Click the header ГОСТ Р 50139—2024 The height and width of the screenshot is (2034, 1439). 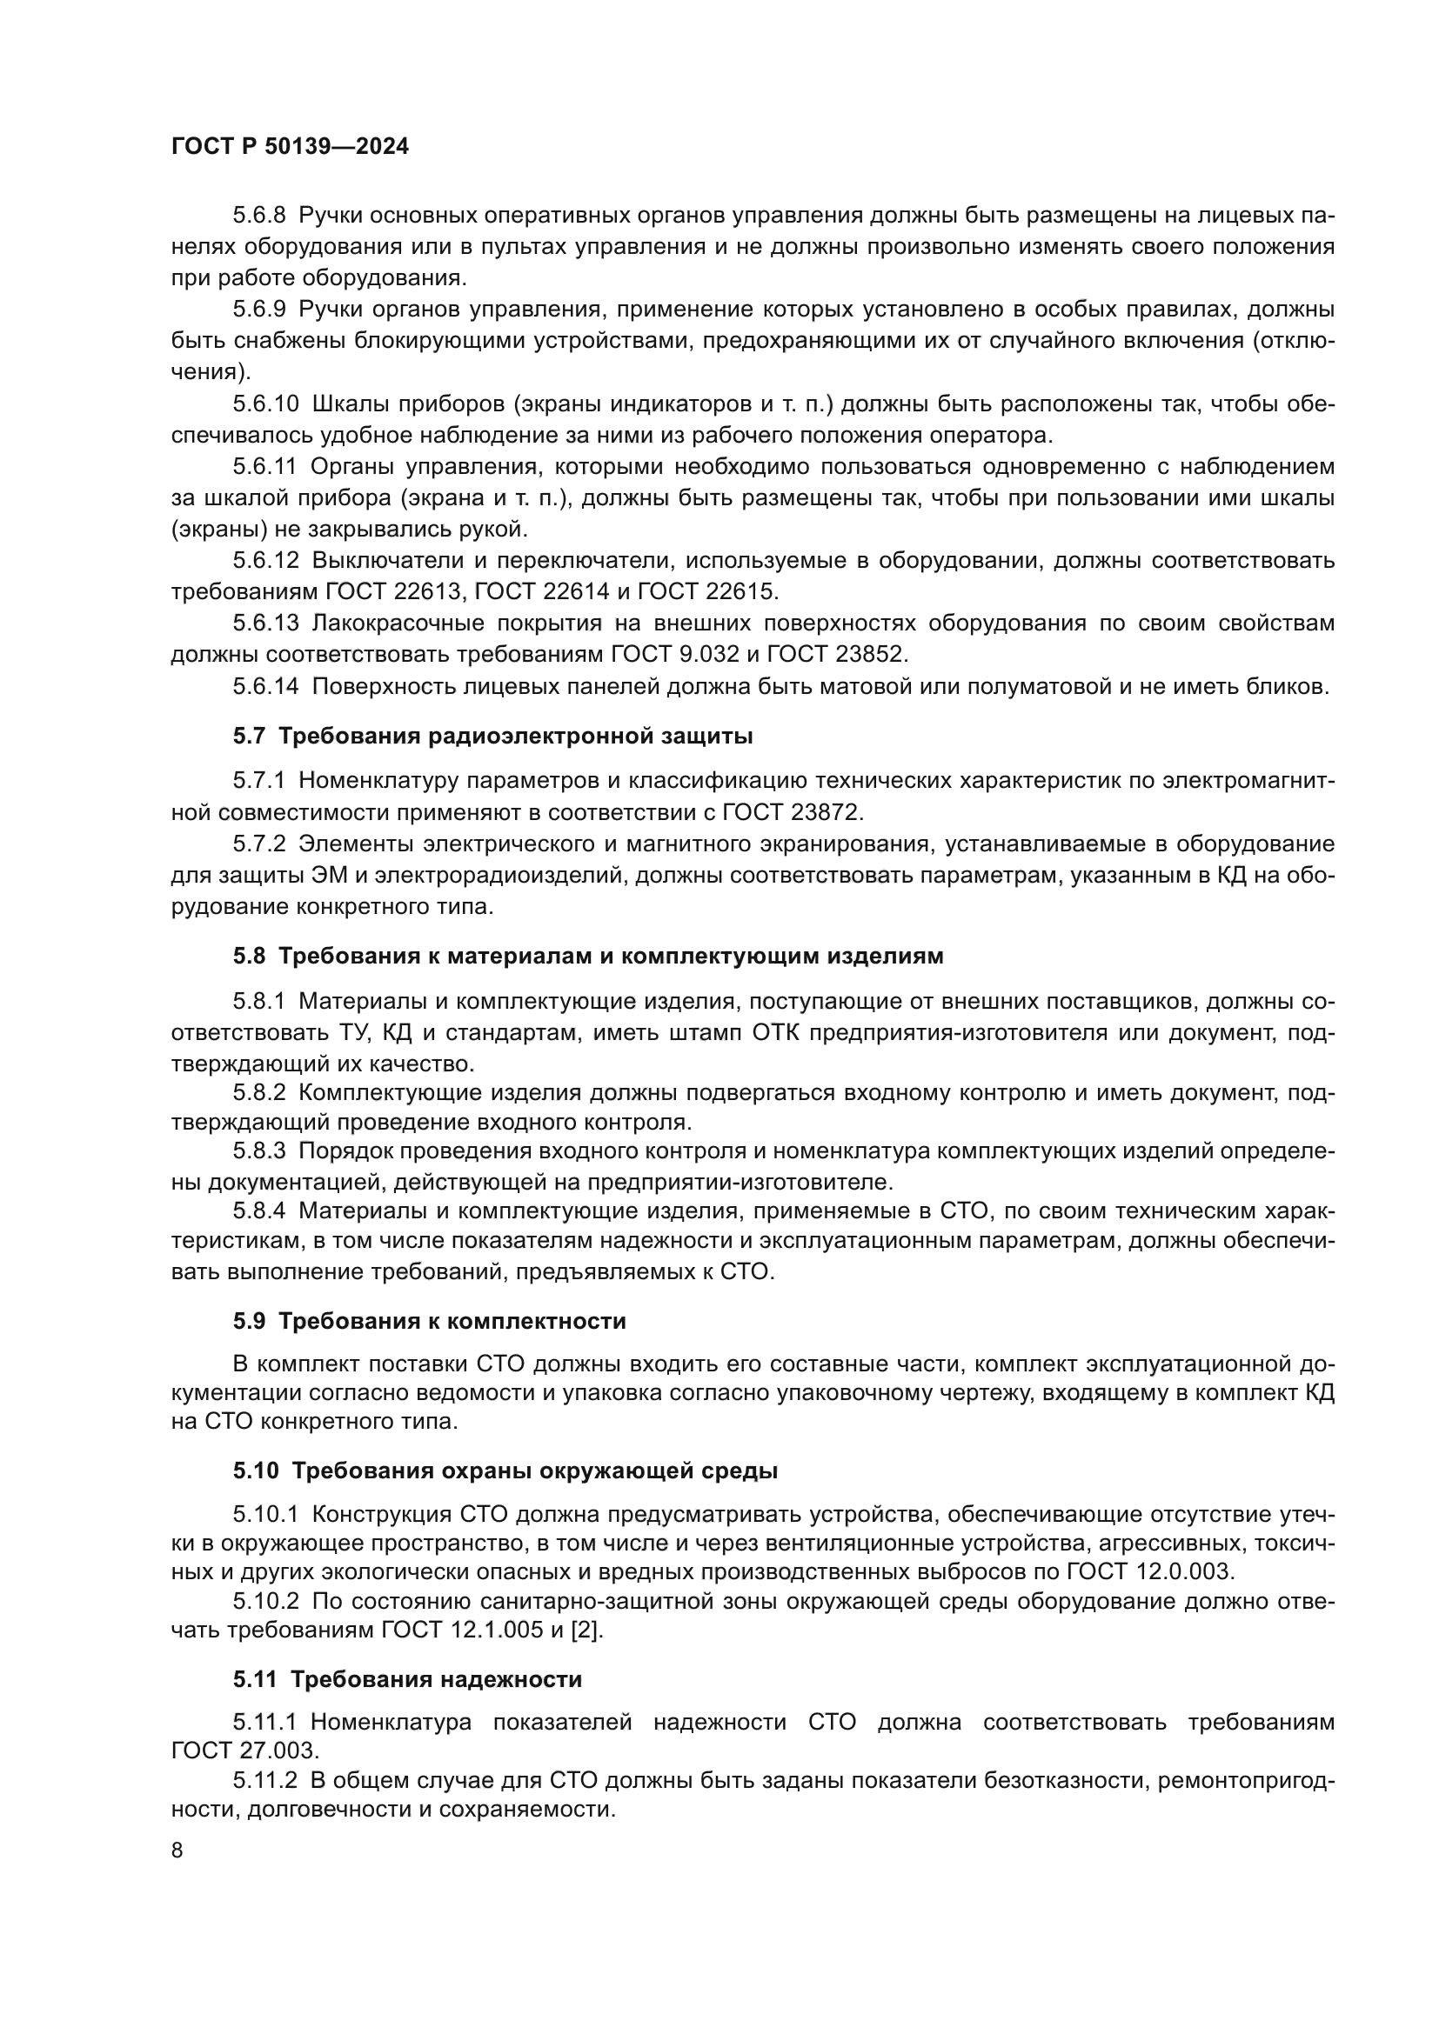coord(290,147)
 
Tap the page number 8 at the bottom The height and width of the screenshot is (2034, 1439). coord(177,1850)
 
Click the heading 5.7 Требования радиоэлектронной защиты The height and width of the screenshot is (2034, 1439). coord(492,736)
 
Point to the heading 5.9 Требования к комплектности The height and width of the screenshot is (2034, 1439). coord(430,1321)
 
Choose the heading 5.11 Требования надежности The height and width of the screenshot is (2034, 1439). coord(407,1678)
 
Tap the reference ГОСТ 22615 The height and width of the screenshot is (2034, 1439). coord(706,590)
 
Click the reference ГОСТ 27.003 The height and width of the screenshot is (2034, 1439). coord(244,1751)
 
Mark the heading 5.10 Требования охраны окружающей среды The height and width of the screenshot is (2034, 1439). coord(505,1471)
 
